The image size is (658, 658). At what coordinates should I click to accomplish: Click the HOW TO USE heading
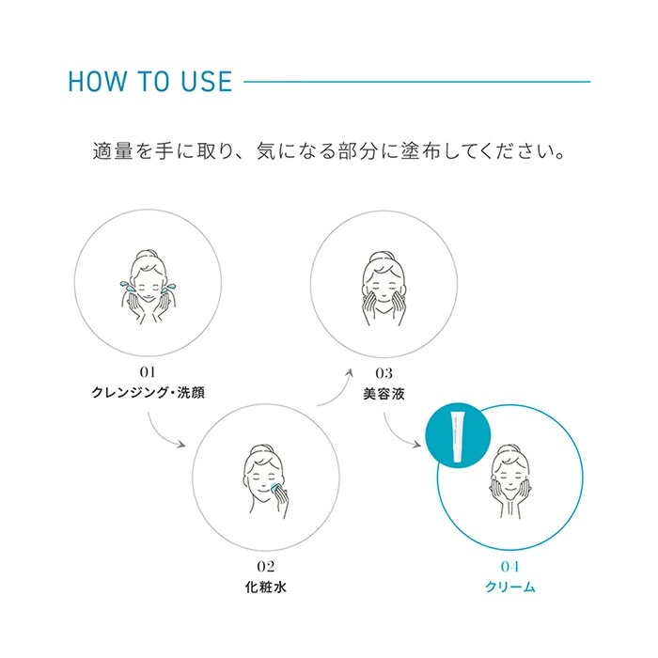(x=149, y=82)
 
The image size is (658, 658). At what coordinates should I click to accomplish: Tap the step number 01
(x=148, y=372)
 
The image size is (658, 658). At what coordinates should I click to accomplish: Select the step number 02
(x=266, y=567)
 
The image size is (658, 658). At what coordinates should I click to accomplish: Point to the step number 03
(x=384, y=373)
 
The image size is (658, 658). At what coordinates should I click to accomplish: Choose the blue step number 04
(x=509, y=567)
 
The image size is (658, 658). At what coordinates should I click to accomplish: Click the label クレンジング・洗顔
(x=149, y=393)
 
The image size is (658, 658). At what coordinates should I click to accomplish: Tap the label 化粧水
(x=266, y=587)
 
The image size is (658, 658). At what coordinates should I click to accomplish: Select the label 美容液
(x=384, y=394)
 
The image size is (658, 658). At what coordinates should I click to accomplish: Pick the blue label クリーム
(x=510, y=587)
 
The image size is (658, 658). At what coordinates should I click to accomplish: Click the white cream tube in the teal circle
(x=459, y=436)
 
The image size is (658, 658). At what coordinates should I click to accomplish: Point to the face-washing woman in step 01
(x=148, y=287)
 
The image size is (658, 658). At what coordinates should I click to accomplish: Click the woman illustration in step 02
(x=266, y=481)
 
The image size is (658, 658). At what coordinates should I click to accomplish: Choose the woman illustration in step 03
(x=384, y=290)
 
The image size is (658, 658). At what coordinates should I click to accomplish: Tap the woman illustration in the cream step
(x=510, y=481)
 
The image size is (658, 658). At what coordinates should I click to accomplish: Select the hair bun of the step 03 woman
(x=381, y=257)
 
